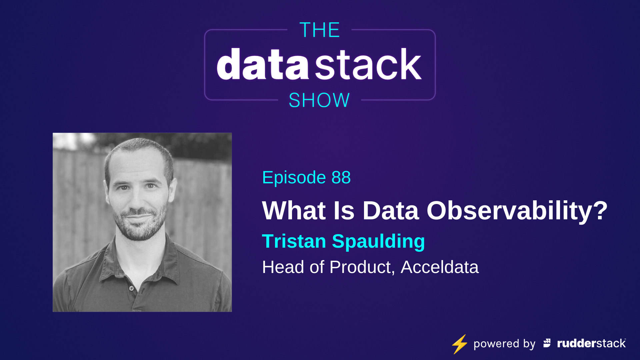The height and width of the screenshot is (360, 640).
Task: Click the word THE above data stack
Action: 319,30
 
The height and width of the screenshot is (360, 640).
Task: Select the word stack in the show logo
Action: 368,64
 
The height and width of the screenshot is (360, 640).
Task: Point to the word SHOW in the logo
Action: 319,100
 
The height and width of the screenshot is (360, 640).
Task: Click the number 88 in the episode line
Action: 341,177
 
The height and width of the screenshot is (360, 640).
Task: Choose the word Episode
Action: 294,177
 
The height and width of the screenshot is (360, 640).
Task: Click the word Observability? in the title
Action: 517,211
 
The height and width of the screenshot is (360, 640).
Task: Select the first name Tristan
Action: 294,241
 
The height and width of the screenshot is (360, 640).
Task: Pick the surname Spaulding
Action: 378,241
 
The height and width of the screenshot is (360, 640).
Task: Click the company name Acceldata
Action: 439,267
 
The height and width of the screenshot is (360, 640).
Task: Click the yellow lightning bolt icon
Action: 460,344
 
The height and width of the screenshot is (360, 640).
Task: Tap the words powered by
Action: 504,344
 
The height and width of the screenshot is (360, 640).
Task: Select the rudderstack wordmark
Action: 591,343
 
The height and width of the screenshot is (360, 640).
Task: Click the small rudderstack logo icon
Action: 547,343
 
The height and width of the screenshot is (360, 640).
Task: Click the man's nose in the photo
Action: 137,200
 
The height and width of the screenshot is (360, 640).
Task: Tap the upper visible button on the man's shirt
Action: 132,288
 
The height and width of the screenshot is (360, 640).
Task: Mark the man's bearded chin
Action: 139,233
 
